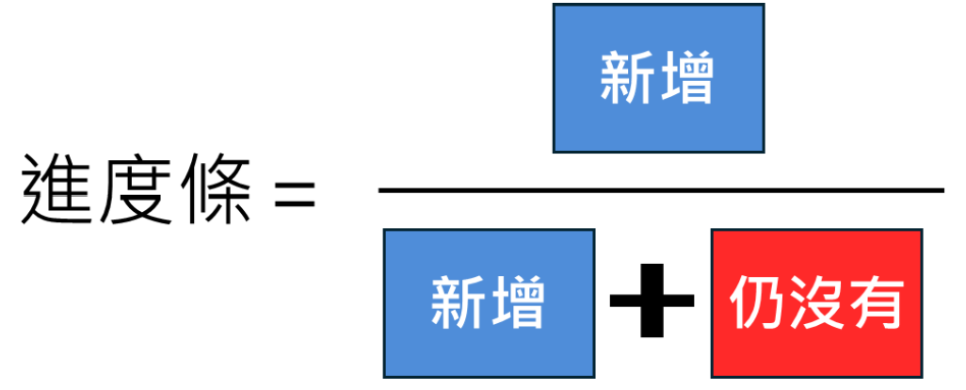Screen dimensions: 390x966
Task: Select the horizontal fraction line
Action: tap(659, 190)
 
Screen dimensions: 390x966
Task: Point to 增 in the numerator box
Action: tap(686, 79)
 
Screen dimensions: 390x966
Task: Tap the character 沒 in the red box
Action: tap(816, 304)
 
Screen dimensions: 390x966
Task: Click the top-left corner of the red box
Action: tap(713, 230)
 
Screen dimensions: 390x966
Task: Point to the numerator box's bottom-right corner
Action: tap(763, 151)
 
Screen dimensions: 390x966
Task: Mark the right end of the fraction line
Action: tap(942, 190)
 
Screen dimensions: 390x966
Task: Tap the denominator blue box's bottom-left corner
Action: tap(385, 377)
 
